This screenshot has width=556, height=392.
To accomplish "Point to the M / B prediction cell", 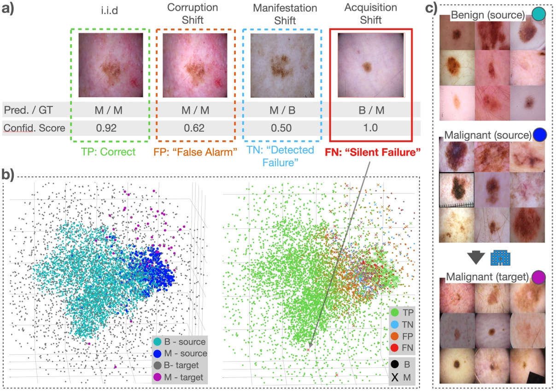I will [282, 110].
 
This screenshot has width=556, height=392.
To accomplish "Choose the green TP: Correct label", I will [109, 151].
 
